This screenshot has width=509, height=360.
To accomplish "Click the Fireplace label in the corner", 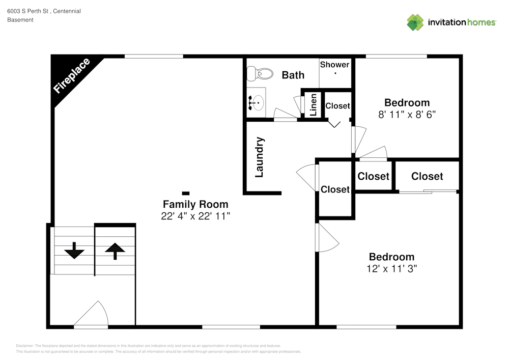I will pos(72,76).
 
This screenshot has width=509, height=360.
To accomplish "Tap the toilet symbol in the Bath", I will pos(260,74).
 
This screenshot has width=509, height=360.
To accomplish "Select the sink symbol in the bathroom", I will pos(256,103).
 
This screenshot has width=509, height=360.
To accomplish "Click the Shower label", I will pos(334,65).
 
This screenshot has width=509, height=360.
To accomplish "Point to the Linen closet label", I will pos(314,104).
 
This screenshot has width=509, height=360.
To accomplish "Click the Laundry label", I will pos(259,157).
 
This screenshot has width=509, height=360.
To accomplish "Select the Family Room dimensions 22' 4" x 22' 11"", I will pos(195,216).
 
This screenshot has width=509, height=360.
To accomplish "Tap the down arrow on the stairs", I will pos(74,250).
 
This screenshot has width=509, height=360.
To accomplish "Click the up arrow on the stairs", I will pos(115,251).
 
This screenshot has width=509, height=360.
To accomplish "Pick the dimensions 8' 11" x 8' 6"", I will pos(407,115).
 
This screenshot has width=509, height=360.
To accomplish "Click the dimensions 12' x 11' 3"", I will pos(391,269).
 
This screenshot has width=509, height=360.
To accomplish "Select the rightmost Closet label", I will pos(427,176).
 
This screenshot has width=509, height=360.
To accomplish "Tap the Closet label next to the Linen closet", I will pos(337,106).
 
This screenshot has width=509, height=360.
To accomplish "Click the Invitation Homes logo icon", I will pos(415,22).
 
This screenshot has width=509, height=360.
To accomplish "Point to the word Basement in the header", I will pos(20,20).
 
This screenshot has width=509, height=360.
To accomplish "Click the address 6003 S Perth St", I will pos(29,11).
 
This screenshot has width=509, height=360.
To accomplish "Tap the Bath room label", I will pos(293,75).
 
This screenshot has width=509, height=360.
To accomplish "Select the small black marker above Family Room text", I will pos(186,193).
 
